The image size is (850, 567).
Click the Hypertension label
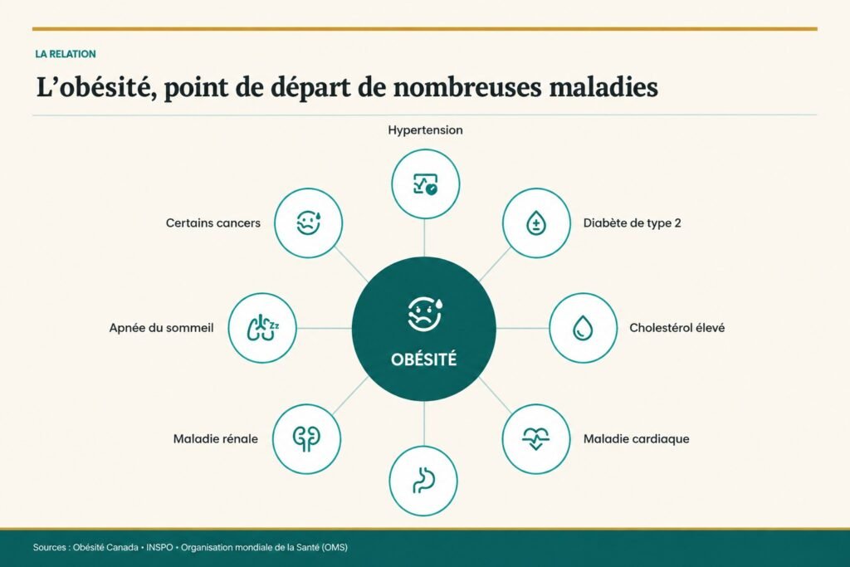pos(425,130)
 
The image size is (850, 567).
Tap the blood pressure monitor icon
pos(426,184)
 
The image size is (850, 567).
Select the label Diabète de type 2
pos(632,222)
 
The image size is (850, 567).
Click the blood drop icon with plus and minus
pos(536,222)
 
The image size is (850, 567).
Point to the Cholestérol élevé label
pos(677,328)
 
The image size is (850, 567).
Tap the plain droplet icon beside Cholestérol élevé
pos(583,328)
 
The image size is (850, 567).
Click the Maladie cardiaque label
pos(637,439)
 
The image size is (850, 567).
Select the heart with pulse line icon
pos(535,438)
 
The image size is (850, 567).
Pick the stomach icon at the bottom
pos(424,481)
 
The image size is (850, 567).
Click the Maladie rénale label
pos(216,439)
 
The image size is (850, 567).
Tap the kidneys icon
pos(307,438)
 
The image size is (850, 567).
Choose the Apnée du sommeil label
pos(162,328)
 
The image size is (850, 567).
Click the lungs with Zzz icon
pos(263,328)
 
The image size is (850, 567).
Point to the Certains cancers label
pos(213,222)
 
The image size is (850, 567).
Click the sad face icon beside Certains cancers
pos(309,222)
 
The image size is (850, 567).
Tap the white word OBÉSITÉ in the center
pos(424,359)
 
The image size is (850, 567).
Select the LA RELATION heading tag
pos(66,54)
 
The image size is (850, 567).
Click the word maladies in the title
pos(603,87)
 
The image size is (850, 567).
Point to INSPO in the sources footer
pos(159,547)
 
